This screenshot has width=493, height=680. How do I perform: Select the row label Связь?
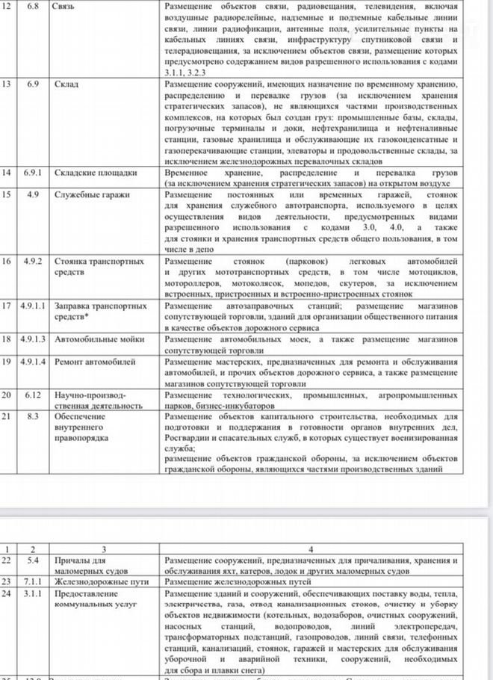[66, 6]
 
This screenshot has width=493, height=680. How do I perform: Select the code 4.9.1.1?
[34, 306]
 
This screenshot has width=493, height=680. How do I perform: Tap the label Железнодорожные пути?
[97, 580]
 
